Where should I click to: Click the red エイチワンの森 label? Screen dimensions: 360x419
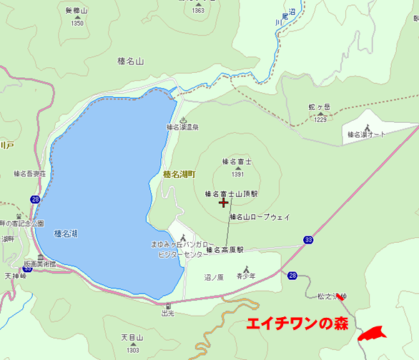tap(297, 324)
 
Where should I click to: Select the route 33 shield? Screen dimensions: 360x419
tap(307, 239)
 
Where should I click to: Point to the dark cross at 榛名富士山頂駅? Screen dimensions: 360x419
tap(224, 203)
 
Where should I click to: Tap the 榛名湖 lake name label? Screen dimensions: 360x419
tap(66, 233)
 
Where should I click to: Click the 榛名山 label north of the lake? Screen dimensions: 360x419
tap(130, 61)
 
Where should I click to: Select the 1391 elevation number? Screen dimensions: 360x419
tap(238, 174)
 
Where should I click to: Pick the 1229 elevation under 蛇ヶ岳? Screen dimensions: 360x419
tap(320, 119)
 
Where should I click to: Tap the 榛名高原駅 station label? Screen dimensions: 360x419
tap(225, 250)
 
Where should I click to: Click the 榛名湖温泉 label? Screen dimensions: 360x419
tap(182, 127)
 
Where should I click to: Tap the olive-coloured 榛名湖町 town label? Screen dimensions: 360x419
tap(179, 174)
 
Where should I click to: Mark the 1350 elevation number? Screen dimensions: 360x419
tap(77, 23)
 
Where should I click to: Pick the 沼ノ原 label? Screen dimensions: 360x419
tap(214, 276)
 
